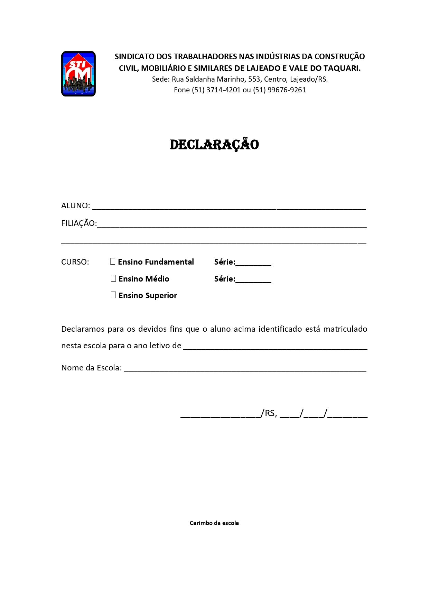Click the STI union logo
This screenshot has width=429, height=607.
coord(78,74)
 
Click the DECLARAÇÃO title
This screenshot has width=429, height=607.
coord(214,145)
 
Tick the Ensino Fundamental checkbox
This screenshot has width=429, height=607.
coord(113,261)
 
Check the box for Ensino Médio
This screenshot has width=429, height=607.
coord(113,278)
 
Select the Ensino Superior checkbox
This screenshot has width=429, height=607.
coord(113,295)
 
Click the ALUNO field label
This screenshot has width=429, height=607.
coord(75,206)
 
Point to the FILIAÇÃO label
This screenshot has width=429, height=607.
coord(79,223)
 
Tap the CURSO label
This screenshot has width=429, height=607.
coord(75,262)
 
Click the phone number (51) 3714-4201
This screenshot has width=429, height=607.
coord(216,90)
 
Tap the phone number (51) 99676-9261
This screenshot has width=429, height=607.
coord(279,90)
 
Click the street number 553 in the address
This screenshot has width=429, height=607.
coord(254,79)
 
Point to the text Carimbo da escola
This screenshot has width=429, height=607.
coord(214,523)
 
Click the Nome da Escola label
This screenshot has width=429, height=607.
coord(92,368)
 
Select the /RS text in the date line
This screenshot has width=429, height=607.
coord(269,413)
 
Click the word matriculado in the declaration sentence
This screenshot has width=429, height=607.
coord(345,329)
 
